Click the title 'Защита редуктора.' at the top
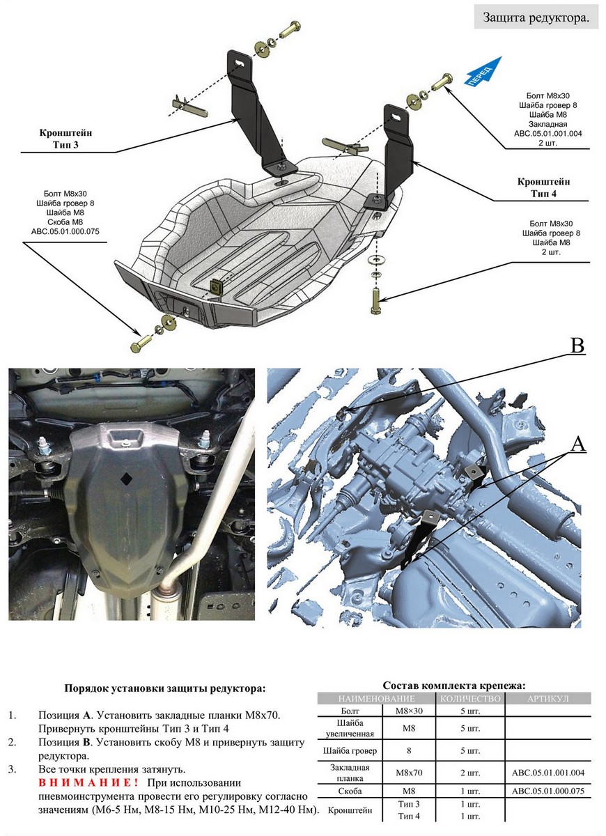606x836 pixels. coord(536,18)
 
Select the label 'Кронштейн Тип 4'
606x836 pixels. coord(541,187)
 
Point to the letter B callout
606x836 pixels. coord(577,346)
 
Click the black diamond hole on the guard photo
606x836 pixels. coord(126,477)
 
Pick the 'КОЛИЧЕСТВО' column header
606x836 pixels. coord(472,698)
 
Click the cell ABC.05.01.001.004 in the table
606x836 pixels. coord(547,772)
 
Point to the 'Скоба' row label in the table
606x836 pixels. coord(350,791)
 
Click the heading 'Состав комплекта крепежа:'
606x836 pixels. coord(454,686)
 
